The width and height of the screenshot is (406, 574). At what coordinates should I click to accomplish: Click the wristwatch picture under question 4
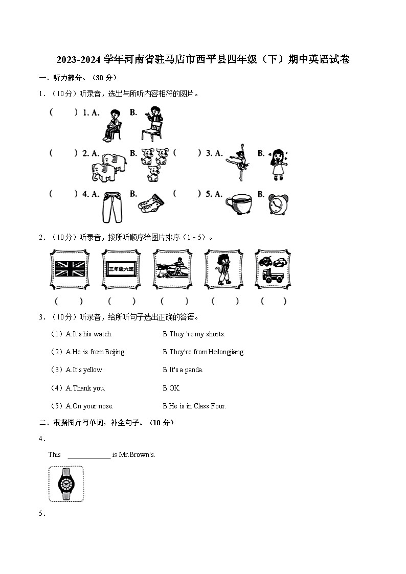66,484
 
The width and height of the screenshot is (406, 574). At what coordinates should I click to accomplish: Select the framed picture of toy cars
273,269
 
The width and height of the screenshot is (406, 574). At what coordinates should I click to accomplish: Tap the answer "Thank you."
88,388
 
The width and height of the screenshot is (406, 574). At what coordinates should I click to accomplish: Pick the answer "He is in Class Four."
197,406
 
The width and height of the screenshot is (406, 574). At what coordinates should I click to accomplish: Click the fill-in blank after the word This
89,455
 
